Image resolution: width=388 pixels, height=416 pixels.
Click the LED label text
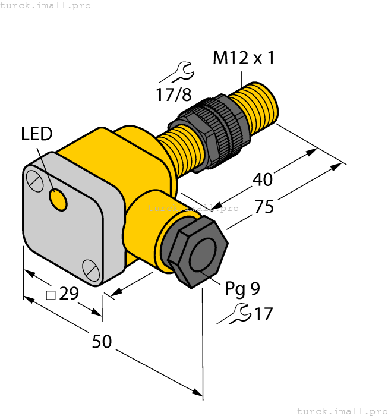pos(37,134)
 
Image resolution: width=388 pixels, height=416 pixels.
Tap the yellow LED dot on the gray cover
pos(58,200)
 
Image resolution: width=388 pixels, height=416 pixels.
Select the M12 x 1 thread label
pos(244,58)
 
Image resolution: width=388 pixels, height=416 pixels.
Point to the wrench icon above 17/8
pos(177,73)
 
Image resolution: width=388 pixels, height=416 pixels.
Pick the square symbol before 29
pos(51,295)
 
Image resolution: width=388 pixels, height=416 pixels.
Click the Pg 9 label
pos(242,289)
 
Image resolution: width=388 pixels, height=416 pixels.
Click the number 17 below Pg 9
pos(263,314)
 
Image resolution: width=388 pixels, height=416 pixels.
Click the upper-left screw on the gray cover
pos(36,179)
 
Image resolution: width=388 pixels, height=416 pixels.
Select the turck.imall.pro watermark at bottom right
pos(342,411)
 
